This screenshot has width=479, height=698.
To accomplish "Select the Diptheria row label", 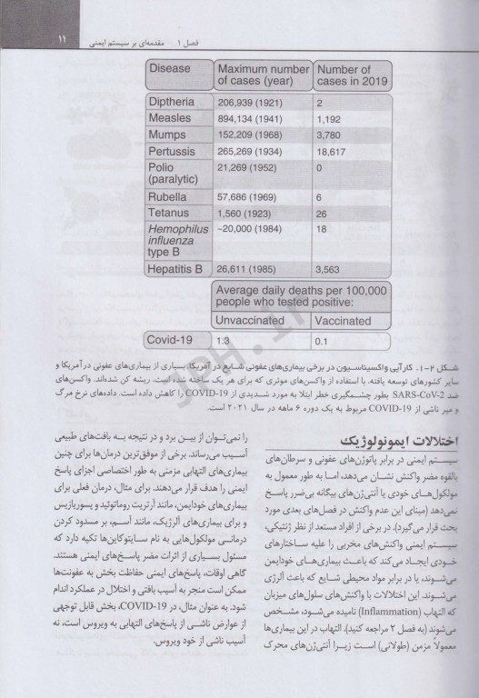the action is tap(176, 105).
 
